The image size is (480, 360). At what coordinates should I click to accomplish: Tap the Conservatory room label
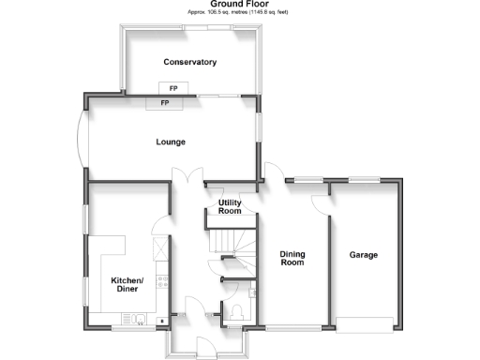coord(190,63)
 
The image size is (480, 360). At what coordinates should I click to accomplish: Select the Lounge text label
coord(171,142)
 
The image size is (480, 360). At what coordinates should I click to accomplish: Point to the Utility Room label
coord(230,206)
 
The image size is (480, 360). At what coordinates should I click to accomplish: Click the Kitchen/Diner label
coord(127,285)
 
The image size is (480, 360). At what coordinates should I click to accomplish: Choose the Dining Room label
coord(293,259)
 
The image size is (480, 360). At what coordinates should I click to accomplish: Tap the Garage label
coord(364,255)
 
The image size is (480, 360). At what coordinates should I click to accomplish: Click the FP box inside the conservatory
coord(174,89)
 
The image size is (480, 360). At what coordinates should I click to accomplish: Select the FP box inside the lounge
coord(165,102)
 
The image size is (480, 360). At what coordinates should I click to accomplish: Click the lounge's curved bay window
coord(81,141)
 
